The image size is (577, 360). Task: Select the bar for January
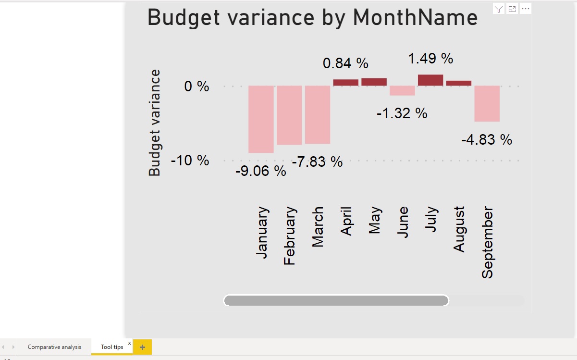click(261, 119)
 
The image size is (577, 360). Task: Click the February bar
click(289, 115)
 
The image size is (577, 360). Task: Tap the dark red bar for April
click(346, 83)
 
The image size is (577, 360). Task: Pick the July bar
click(430, 80)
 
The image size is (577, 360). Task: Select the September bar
click(487, 104)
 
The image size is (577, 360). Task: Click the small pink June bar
click(402, 91)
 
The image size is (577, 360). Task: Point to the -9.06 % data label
click(260, 171)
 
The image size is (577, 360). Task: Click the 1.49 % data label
click(430, 59)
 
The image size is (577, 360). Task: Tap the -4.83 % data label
click(487, 140)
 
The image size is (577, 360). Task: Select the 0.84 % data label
click(345, 63)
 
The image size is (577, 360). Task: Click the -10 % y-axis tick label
click(190, 160)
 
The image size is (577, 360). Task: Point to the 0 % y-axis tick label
click(197, 87)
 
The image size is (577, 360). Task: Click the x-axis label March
click(318, 227)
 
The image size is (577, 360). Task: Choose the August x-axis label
click(459, 229)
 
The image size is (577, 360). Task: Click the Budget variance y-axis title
click(155, 123)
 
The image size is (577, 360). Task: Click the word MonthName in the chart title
click(415, 18)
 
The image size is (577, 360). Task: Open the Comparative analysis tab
click(54, 347)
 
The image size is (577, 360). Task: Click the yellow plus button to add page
click(142, 347)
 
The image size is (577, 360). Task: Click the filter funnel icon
click(499, 9)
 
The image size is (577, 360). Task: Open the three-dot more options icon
click(525, 9)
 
